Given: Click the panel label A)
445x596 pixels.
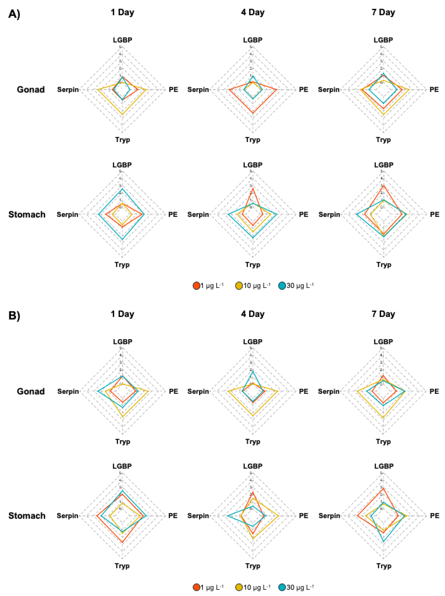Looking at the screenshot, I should pyautogui.click(x=14, y=14).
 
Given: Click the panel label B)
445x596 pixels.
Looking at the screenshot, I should pyautogui.click(x=14, y=315).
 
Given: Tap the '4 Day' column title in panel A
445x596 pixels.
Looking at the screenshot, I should pyautogui.click(x=252, y=12).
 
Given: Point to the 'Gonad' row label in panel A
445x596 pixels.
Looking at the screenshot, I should pyautogui.click(x=31, y=89).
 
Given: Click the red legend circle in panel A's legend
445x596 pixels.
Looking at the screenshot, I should pyautogui.click(x=196, y=286).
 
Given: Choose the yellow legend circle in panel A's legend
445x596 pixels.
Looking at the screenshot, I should pyautogui.click(x=239, y=286).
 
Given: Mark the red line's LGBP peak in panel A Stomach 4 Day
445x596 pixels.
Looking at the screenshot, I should pyautogui.click(x=252, y=188).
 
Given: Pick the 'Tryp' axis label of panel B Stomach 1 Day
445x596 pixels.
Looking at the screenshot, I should pyautogui.click(x=122, y=566).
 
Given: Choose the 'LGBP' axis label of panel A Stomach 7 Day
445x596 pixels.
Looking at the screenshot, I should pyautogui.click(x=384, y=165).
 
